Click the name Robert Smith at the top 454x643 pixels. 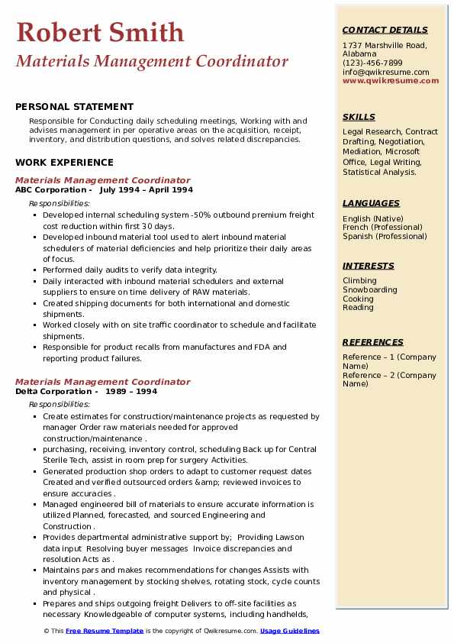[x=100, y=32]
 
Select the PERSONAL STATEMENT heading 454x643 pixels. [x=74, y=107]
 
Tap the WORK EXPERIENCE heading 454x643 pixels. [x=64, y=162]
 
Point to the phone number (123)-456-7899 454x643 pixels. [x=372, y=63]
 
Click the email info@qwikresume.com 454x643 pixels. [x=385, y=72]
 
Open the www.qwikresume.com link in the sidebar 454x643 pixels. [x=391, y=80]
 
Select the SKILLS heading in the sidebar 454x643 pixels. [x=359, y=117]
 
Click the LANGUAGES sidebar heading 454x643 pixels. [x=371, y=203]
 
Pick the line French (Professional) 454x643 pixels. [x=381, y=227]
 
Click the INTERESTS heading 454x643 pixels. [x=369, y=266]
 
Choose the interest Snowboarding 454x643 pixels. [x=370, y=290]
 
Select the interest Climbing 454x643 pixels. [x=359, y=281]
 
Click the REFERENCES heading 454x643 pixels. [x=372, y=342]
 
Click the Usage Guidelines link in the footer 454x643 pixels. [x=290, y=631]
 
